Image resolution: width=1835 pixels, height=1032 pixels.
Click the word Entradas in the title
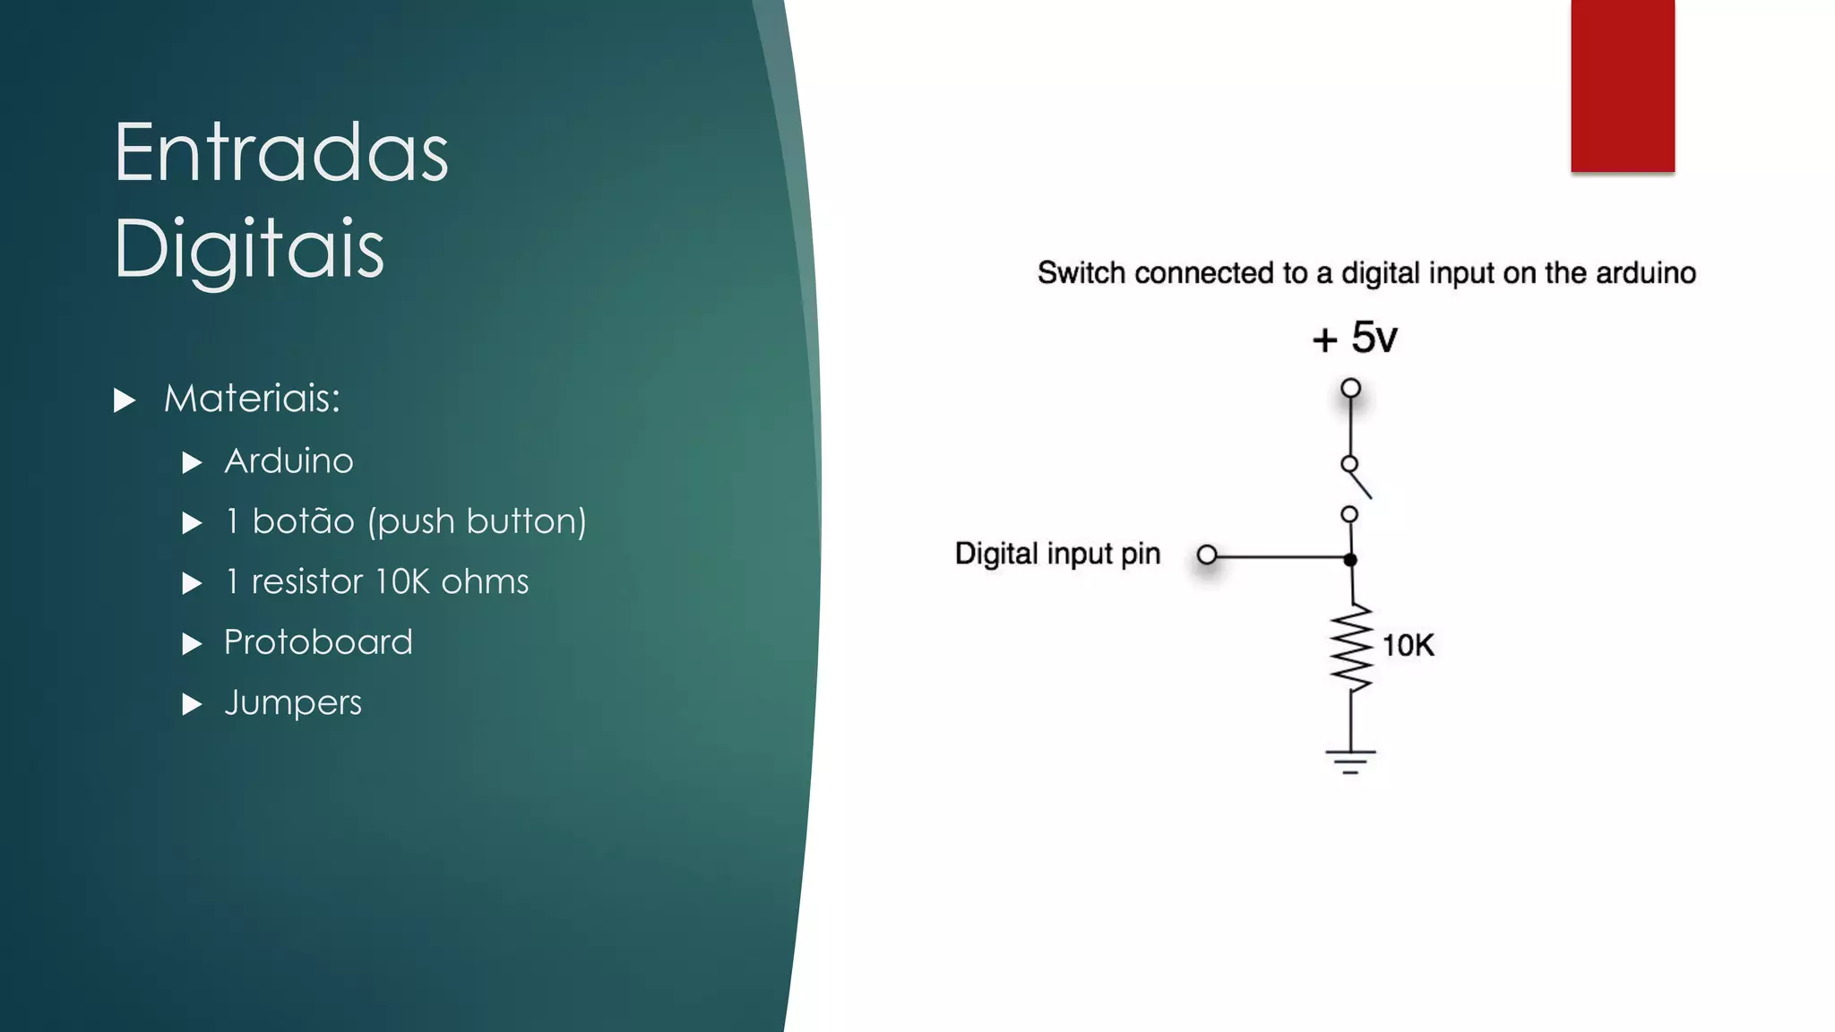280,153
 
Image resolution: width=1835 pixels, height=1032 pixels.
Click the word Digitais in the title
248,248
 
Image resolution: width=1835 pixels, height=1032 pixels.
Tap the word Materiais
252,399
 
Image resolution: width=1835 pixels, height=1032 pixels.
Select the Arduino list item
289,461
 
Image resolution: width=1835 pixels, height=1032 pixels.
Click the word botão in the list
303,521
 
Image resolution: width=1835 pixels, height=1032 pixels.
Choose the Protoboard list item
318,642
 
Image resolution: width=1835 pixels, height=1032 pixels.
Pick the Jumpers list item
293,703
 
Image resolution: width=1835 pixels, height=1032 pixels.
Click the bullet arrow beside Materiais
125,400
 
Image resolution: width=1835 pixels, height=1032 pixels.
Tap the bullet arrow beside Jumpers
192,704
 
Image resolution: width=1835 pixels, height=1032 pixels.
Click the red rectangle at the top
1622,85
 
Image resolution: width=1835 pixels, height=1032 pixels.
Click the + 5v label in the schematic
1354,339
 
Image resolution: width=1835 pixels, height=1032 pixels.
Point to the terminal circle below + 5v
1350,388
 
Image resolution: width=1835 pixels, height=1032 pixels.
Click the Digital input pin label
1057,554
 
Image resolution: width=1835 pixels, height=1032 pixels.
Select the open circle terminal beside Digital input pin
1207,555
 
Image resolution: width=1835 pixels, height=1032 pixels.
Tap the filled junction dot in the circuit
1350,559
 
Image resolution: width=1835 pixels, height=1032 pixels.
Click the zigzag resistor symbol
1351,649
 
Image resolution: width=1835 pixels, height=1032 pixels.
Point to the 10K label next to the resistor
1408,645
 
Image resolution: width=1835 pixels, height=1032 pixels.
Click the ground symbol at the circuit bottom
1350,761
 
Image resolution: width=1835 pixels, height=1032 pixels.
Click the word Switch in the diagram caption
1081,273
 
